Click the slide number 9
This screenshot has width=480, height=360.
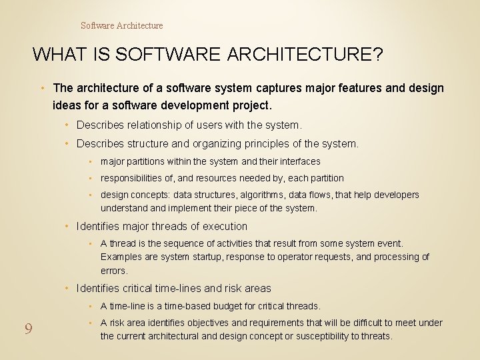[29, 329]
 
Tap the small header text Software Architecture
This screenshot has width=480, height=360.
[121, 25]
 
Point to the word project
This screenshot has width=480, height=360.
[251, 105]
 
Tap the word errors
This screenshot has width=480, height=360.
[114, 271]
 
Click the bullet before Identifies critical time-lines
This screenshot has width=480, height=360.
[69, 289]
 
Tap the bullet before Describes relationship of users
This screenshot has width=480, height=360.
[69, 125]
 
